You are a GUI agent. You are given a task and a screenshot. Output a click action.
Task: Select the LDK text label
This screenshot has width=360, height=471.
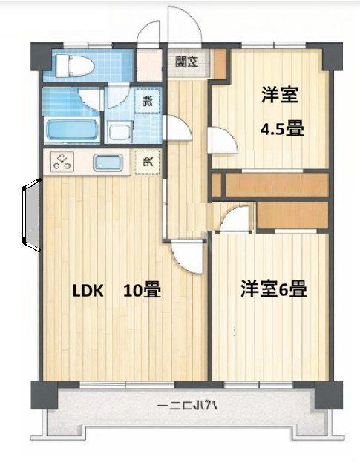pos(88,291)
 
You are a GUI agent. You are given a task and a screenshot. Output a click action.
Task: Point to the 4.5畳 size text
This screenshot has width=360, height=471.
pos(281,128)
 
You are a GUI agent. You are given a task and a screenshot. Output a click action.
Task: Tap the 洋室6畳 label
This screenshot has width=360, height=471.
pos(273,290)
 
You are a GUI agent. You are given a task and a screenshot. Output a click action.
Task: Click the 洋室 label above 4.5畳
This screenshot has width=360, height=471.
pos(280,94)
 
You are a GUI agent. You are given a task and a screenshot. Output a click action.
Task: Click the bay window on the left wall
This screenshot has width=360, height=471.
pos(28,215)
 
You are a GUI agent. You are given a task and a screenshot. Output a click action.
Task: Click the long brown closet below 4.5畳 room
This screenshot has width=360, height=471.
pos(275,185)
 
